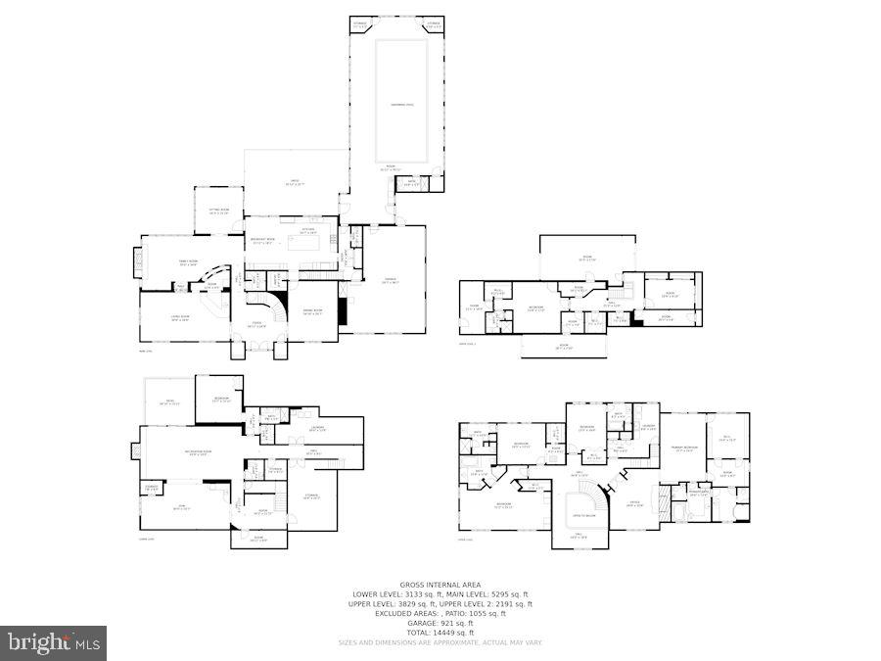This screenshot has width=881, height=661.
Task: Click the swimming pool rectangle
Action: point(401,101)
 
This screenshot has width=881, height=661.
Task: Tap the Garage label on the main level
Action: point(389,280)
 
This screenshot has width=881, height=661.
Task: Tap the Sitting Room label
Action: point(218,211)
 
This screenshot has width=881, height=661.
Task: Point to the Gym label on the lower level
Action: point(182,507)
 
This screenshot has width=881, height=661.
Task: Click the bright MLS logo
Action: point(55,643)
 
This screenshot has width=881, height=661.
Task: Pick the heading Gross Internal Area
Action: point(440,585)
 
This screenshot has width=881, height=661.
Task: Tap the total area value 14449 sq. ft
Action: point(440,633)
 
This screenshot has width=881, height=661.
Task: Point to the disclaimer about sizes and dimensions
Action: point(440,642)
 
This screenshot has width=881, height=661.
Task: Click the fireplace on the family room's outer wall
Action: point(135,261)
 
